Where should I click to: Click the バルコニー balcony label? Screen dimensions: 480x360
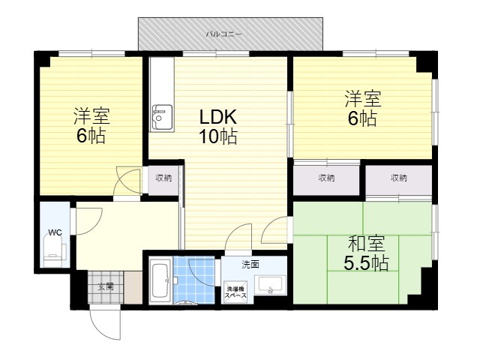pyautogui.click(x=223, y=34)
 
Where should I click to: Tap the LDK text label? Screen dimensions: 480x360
pyautogui.click(x=218, y=117)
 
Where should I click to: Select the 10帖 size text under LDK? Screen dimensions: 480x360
pyautogui.click(x=218, y=136)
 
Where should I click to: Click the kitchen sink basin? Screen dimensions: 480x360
pyautogui.click(x=162, y=117)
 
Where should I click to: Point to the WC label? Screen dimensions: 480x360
pyautogui.click(x=55, y=232)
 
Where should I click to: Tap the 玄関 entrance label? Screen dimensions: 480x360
pyautogui.click(x=106, y=286)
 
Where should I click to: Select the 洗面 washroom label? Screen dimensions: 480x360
pyautogui.click(x=250, y=264)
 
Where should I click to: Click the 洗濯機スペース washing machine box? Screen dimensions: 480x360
pyautogui.click(x=235, y=292)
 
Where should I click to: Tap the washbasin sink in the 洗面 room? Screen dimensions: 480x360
pyautogui.click(x=270, y=286)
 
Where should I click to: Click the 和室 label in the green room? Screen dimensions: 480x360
pyautogui.click(x=366, y=244)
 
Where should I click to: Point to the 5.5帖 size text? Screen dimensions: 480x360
pyautogui.click(x=366, y=263)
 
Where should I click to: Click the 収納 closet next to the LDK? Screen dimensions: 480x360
pyautogui.click(x=163, y=180)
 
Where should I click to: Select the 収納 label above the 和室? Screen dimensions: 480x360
pyautogui.click(x=398, y=178)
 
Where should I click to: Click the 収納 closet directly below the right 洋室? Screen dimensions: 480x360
pyautogui.click(x=326, y=180)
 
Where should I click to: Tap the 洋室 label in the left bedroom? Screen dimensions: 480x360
pyautogui.click(x=91, y=116)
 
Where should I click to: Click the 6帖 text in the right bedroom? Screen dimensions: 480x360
pyautogui.click(x=362, y=118)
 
